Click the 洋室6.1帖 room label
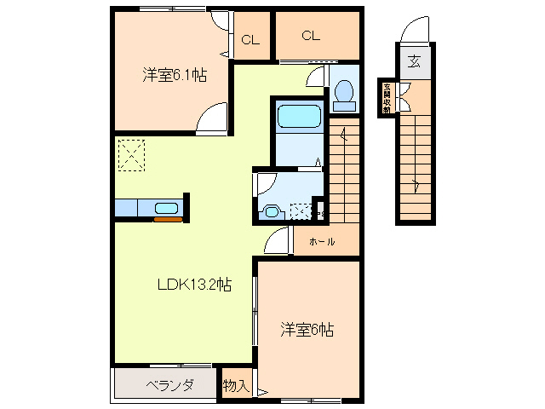coord(174,73)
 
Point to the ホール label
coord(322,242)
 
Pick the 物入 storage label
coord(235,386)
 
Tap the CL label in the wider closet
coord(310,35)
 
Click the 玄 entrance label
coord(413,61)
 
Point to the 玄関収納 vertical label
coord(387,97)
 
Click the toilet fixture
coord(343,95)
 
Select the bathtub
coord(297,117)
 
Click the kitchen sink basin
coord(165,208)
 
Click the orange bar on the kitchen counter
coord(168,220)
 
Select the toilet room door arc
coord(316,78)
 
